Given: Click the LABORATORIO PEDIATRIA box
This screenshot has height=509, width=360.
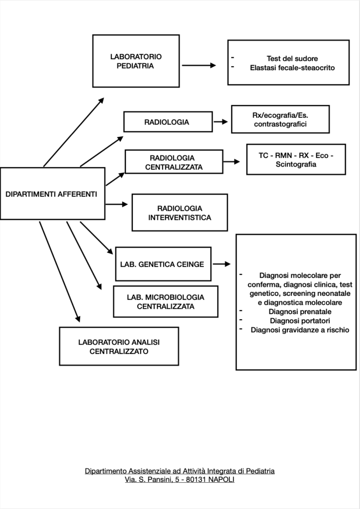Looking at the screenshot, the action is coord(136,61).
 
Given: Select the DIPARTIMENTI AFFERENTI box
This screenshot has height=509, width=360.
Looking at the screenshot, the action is coord(53,193).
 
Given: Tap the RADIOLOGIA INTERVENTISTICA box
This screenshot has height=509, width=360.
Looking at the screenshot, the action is coord(180,213).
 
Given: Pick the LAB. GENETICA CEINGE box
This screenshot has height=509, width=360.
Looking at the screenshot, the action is coord(163,264).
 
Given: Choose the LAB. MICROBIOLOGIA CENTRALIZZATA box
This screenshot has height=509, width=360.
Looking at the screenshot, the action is coord(166,302).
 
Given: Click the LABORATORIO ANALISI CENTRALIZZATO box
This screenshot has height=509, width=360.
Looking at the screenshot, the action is coord(119,346).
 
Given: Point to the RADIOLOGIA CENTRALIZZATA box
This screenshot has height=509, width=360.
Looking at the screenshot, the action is coord(174,162).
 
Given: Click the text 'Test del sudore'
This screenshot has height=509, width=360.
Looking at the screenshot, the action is coord(292,59).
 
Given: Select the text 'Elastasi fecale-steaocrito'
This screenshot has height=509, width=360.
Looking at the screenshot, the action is coord(292,68).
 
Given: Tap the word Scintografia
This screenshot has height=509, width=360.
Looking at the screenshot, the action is coord(296,164).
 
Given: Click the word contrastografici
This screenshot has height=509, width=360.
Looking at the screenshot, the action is coord(280,124).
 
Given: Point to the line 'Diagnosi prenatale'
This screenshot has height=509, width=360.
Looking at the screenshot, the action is coord(300,312).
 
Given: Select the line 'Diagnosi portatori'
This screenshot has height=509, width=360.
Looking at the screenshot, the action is coord(300,321).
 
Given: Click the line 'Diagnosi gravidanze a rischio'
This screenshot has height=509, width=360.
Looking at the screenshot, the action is coord(300,330).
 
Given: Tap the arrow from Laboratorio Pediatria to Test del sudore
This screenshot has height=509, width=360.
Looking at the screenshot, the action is coord(199,65).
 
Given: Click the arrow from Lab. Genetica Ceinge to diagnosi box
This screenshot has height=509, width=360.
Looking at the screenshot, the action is coord(222,264).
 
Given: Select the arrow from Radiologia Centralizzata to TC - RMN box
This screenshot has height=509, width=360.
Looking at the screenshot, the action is coord(232,162).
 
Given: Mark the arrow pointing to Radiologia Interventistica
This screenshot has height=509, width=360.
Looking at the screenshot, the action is coord(117,204).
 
